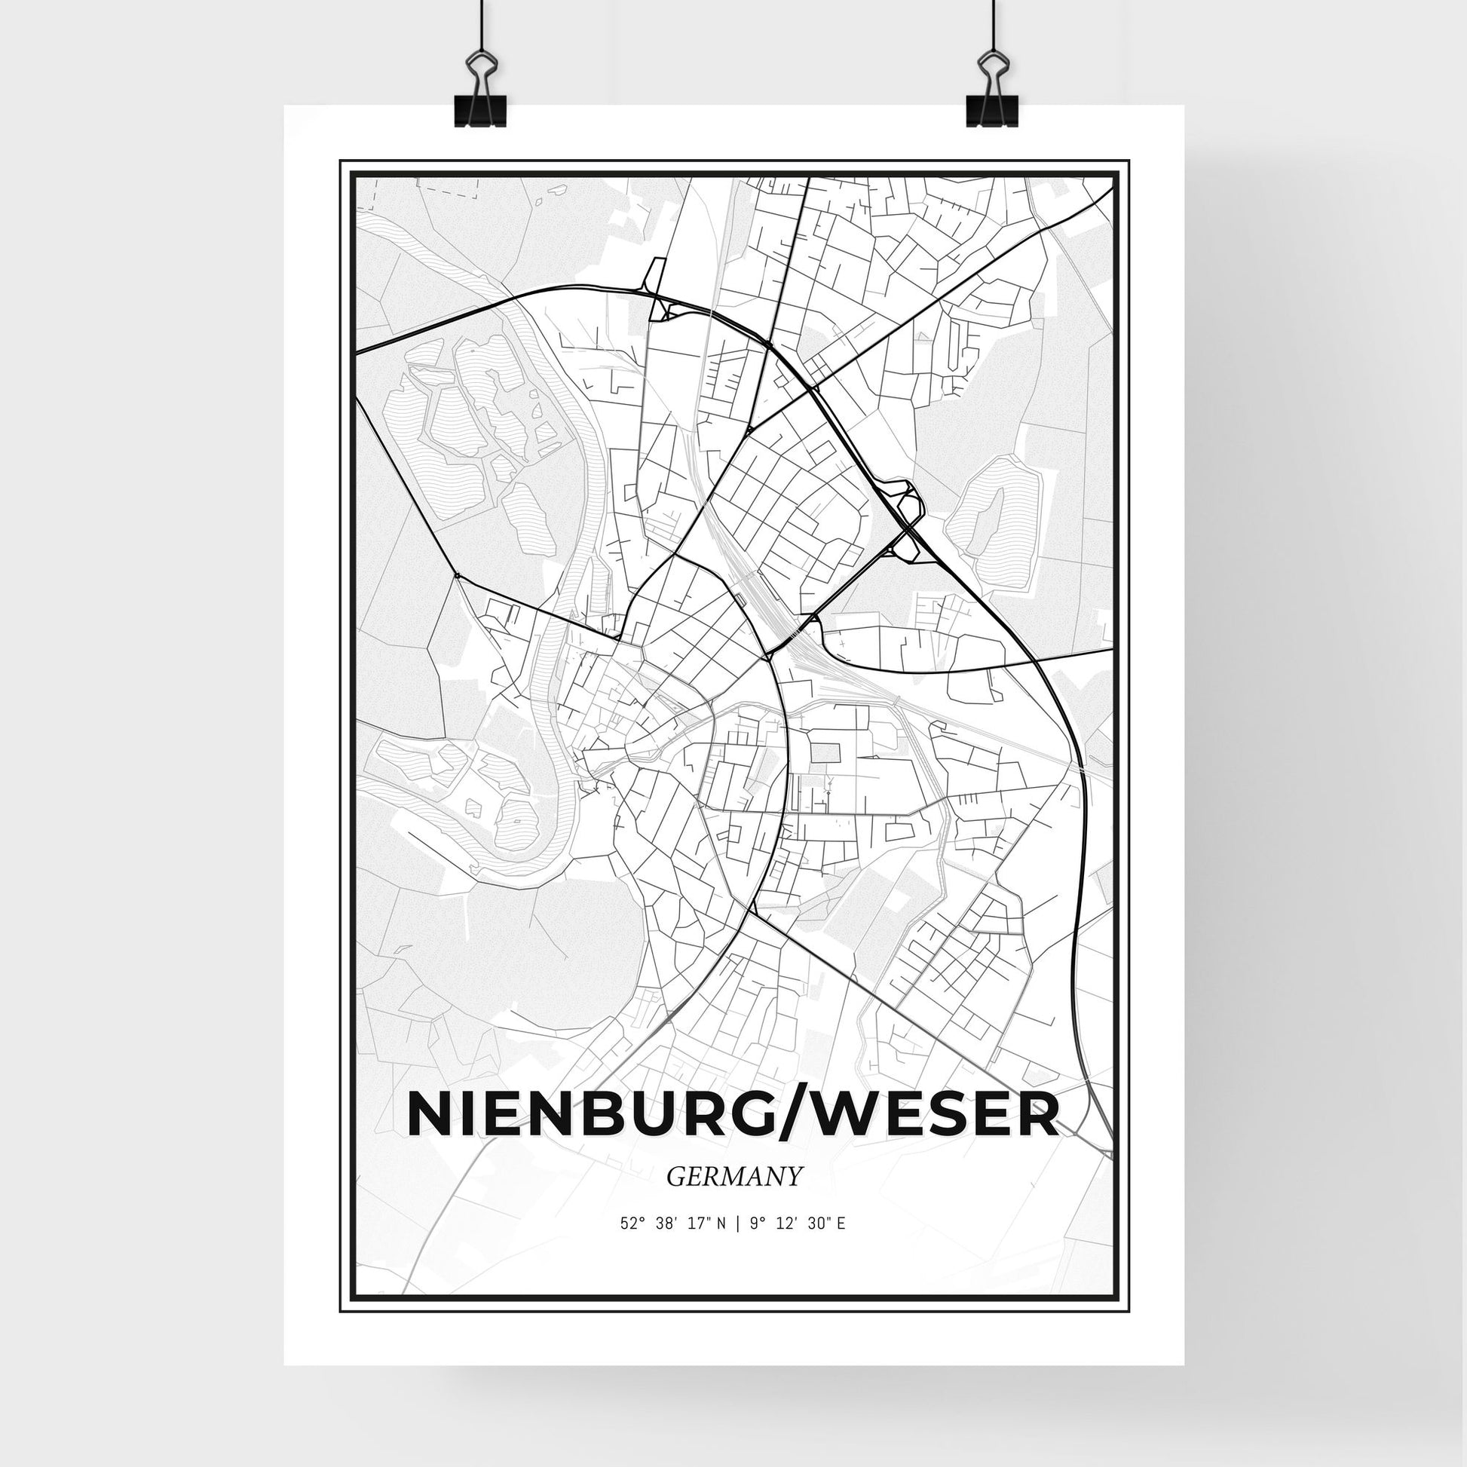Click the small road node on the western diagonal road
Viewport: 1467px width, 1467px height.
(x=457, y=575)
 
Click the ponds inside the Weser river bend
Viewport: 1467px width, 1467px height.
(x=486, y=790)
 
